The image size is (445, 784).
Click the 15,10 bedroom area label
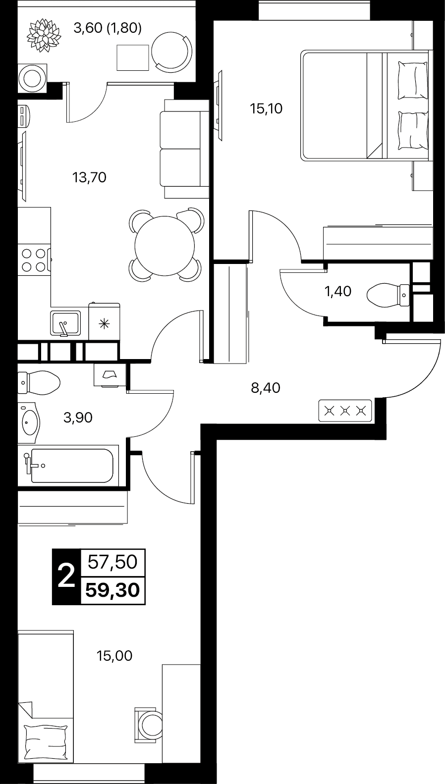tap(266, 109)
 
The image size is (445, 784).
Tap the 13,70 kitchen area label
tap(89, 178)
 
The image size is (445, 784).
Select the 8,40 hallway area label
tap(266, 388)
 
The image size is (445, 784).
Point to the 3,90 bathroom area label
tap(78, 418)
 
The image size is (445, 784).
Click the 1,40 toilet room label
tap(338, 292)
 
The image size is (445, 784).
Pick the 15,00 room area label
tap(115, 656)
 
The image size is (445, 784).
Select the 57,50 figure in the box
tap(112, 563)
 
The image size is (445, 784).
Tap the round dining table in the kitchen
tap(165, 246)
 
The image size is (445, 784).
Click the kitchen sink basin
tap(65, 323)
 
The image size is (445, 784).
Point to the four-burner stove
tap(34, 260)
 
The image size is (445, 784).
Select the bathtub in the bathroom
tap(72, 466)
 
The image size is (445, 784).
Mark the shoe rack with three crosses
tap(345, 411)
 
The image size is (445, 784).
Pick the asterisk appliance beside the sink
tap(105, 324)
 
